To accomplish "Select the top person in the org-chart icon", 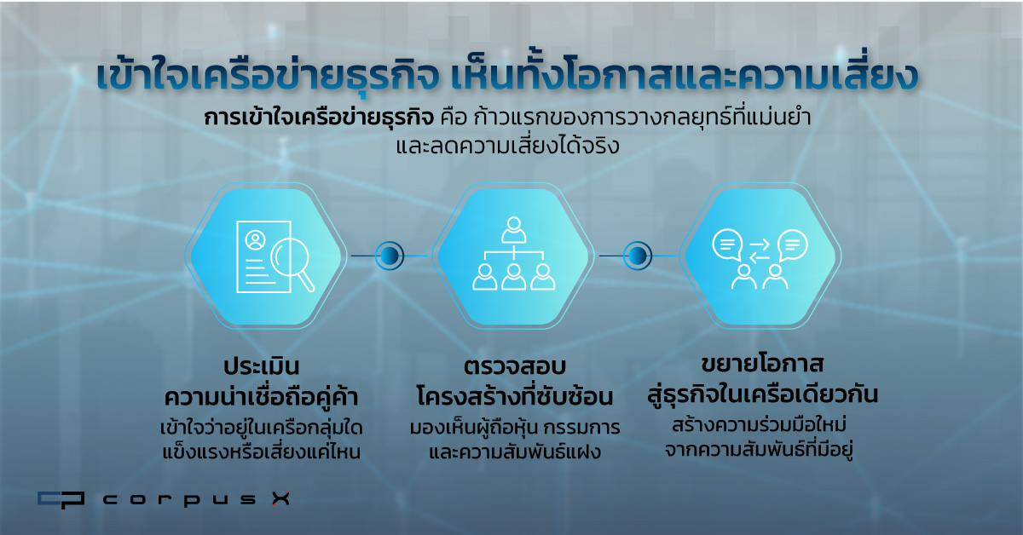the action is tap(514, 230).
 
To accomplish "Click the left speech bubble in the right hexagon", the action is tap(727, 244).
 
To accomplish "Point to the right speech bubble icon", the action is tap(792, 245).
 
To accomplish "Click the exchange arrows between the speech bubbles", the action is tap(760, 251).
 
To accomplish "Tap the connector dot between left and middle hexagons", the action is tap(390, 256).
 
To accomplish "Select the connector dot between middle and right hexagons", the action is tap(638, 256).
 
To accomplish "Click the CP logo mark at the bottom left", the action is tap(61, 499).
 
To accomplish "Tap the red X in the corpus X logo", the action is tap(280, 498).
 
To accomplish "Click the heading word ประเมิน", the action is tap(261, 366).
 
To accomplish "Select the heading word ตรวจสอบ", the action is tap(515, 366).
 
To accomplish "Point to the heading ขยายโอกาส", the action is tap(762, 365).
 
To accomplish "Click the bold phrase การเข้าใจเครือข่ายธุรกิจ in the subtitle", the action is tap(318, 118).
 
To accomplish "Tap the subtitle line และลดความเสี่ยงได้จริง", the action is tap(507, 146).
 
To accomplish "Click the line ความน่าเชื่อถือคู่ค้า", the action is tap(261, 396).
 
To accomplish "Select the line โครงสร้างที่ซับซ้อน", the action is tap(515, 396).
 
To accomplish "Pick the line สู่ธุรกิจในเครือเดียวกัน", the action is tap(762, 394).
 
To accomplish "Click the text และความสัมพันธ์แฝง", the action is tap(515, 452).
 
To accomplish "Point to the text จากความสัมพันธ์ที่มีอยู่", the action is tap(759, 450).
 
